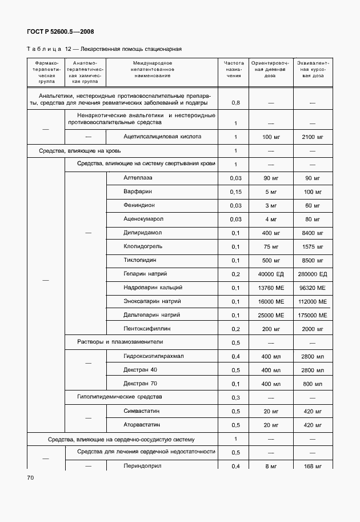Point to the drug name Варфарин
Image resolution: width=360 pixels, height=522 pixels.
(137, 192)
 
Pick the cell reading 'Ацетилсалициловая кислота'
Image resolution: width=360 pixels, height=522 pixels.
(162, 137)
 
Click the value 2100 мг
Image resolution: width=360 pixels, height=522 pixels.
(312, 137)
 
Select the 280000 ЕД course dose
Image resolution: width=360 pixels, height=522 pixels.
(312, 274)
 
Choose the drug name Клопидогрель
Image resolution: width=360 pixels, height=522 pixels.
(143, 246)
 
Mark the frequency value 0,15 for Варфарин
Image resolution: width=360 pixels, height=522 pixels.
(235, 192)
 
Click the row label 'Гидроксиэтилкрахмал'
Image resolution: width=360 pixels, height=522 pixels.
(154, 356)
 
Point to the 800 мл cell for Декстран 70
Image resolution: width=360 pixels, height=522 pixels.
(312, 384)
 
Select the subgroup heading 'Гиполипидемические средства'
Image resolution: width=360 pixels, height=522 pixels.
(120, 397)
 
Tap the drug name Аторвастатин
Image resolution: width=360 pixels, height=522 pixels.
(142, 425)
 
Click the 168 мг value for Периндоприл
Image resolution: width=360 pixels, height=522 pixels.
(312, 467)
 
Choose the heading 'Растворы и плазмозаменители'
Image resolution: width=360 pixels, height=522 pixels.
(120, 342)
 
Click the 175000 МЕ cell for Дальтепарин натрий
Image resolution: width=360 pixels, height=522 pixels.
(312, 316)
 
